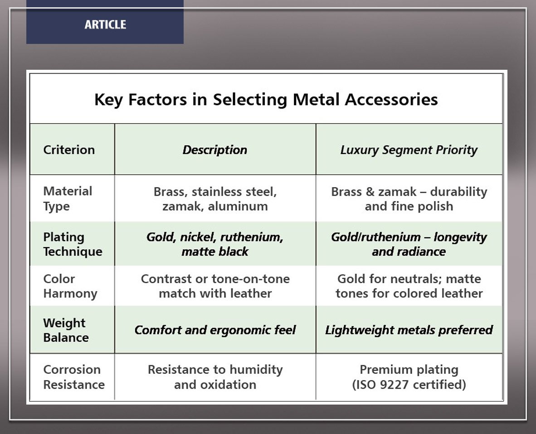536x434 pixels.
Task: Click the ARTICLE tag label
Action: [x=105, y=24]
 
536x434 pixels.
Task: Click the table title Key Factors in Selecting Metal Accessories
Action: [x=266, y=100]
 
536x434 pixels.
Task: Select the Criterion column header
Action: [x=69, y=150]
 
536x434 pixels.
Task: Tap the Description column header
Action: [x=214, y=150]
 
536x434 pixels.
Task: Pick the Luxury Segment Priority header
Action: [x=409, y=150]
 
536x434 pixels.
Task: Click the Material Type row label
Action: [x=68, y=199]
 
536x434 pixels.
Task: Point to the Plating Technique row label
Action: [x=73, y=244]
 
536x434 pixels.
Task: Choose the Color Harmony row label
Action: [x=70, y=286]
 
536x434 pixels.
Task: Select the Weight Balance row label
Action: [x=66, y=330]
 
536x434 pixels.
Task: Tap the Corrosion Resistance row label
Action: [x=74, y=377]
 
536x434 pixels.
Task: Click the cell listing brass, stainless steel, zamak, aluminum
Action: [x=215, y=199]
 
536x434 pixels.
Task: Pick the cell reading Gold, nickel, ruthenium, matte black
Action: [x=215, y=244]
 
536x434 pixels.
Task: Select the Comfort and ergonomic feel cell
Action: [x=215, y=330]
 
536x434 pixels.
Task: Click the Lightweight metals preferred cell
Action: [x=409, y=330]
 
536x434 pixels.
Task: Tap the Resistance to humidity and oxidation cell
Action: [x=215, y=377]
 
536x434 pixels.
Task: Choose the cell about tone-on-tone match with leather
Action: [x=215, y=286]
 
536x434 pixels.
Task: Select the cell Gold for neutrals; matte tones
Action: [x=409, y=286]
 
